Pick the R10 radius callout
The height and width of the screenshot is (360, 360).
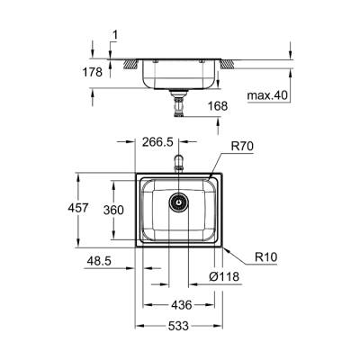coord(265,256)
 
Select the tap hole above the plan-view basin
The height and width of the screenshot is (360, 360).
coord(179,164)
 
